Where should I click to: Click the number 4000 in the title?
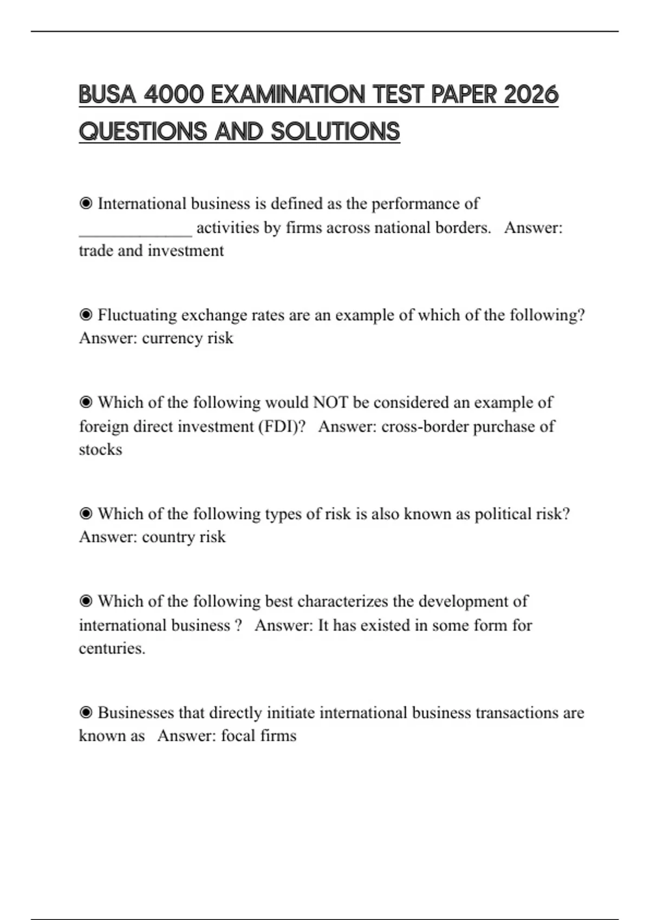(x=174, y=95)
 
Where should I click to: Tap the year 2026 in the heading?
(x=530, y=95)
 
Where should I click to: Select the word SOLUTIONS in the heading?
(x=335, y=132)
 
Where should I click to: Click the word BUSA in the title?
(x=107, y=95)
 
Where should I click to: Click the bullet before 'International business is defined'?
(x=86, y=203)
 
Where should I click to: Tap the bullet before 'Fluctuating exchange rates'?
(x=86, y=315)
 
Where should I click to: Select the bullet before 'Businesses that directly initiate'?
(x=86, y=713)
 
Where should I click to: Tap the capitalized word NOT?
(x=330, y=403)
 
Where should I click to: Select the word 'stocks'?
(x=101, y=450)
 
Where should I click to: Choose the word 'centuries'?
(x=111, y=648)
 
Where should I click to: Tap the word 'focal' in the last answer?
(x=238, y=736)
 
